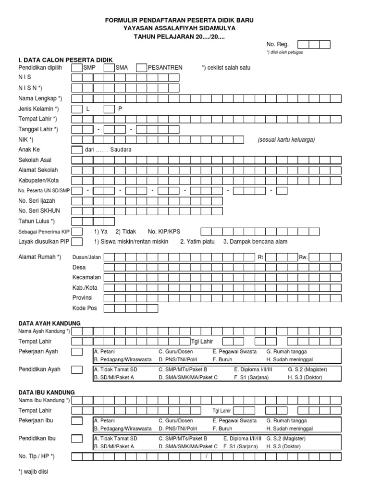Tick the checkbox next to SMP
coord(77,68)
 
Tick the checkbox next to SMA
coord(109,68)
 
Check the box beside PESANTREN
coord(141,68)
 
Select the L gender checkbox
coord(77,109)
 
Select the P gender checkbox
coord(109,109)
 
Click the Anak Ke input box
coord(77,150)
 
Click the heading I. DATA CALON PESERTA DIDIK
coord(65,60)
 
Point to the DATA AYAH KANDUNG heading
coord(49,323)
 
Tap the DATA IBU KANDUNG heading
coord(47,393)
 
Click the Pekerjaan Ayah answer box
coord(77,352)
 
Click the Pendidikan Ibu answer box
coord(77,439)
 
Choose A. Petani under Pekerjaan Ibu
coord(105,420)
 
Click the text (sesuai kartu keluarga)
coord(286,140)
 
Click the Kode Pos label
coord(85,308)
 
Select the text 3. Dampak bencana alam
coord(255,242)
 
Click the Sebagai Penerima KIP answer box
coord(77,232)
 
